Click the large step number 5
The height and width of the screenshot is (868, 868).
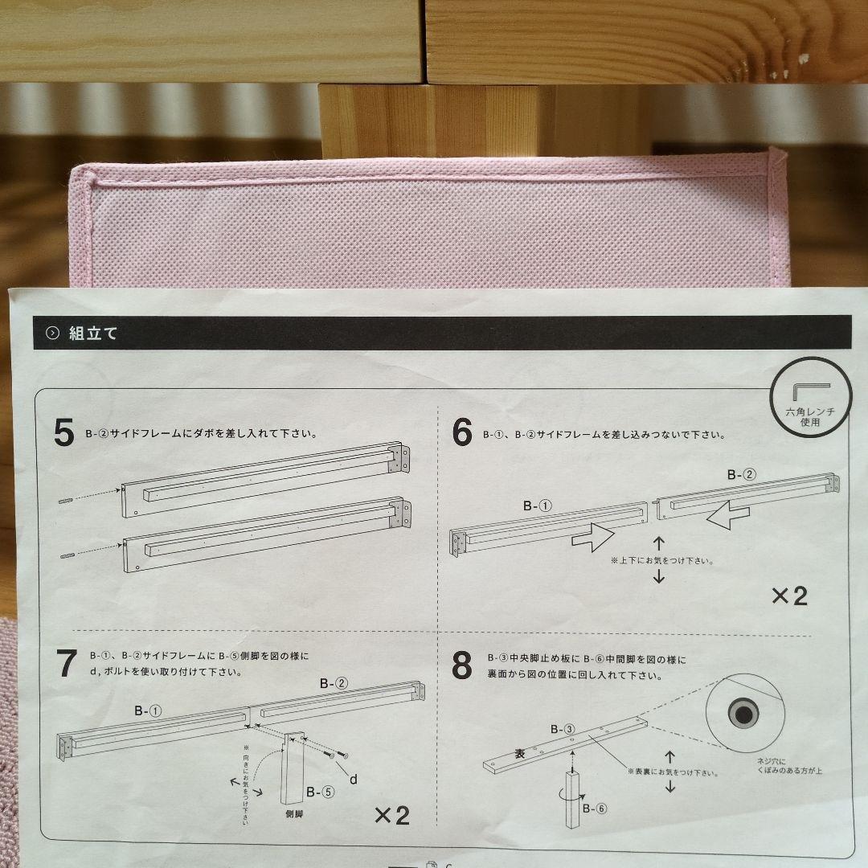click(64, 432)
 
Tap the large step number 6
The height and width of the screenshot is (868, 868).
click(462, 432)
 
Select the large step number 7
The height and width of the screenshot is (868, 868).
click(67, 662)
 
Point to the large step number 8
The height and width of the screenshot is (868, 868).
click(461, 665)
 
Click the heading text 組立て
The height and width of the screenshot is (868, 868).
click(93, 334)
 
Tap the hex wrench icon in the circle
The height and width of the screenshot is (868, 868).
click(811, 391)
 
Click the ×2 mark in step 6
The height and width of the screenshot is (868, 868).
click(790, 596)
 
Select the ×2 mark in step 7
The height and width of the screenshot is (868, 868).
click(392, 816)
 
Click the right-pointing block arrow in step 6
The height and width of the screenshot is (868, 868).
click(593, 536)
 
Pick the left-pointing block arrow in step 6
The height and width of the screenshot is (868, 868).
click(728, 515)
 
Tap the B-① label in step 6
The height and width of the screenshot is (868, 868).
click(538, 506)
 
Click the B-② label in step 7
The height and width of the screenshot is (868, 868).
click(334, 684)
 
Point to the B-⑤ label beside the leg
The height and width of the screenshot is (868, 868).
click(321, 792)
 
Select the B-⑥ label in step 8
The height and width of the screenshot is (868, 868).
click(595, 809)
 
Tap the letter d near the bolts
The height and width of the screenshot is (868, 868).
click(353, 780)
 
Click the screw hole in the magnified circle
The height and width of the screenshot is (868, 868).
click(744, 714)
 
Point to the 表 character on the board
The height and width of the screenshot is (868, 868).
click(520, 753)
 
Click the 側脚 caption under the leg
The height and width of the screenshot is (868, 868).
click(294, 814)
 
